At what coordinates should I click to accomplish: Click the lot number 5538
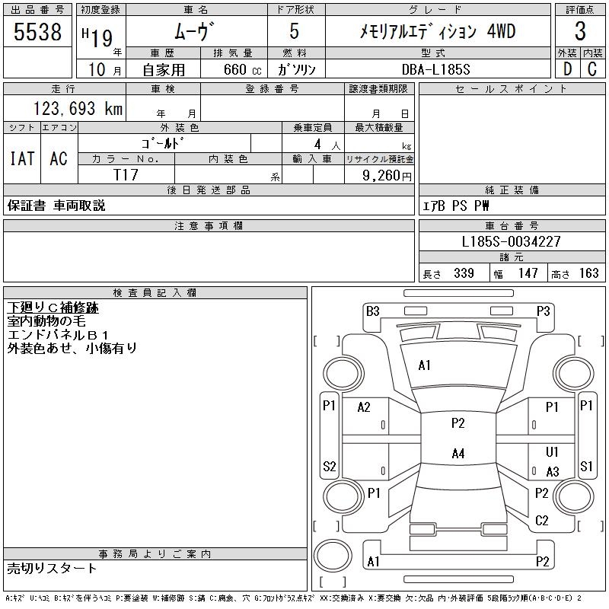click(37, 32)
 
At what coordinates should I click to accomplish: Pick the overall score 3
click(580, 32)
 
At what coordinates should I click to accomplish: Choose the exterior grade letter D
click(566, 69)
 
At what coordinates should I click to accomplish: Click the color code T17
click(126, 175)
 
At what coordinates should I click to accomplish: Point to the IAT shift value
click(21, 158)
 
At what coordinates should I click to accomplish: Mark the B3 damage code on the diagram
click(372, 311)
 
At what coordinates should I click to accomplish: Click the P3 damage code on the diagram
click(543, 311)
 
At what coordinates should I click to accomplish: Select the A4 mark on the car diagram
click(458, 454)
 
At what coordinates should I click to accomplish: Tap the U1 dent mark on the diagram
click(553, 452)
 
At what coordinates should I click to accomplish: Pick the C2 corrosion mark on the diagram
click(542, 521)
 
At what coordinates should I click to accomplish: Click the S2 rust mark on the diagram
click(330, 466)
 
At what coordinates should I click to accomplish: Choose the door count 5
click(294, 32)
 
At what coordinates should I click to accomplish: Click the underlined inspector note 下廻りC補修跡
click(53, 308)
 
